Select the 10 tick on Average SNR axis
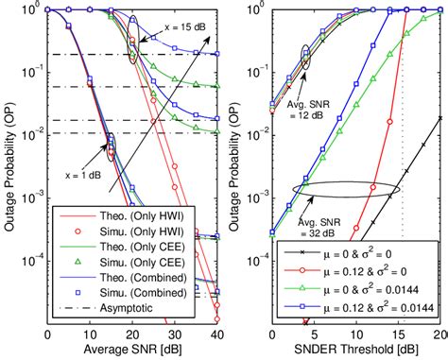click(x=90, y=334)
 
